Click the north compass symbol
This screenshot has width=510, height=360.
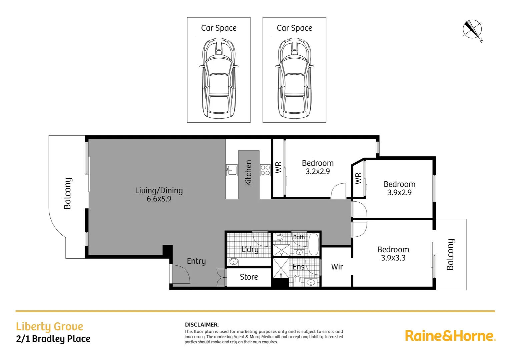(x=472, y=29)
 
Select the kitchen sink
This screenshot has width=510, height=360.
(x=231, y=170)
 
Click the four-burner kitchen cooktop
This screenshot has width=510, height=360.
(x=265, y=170)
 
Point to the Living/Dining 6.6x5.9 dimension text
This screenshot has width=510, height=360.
(x=159, y=199)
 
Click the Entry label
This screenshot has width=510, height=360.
(x=196, y=261)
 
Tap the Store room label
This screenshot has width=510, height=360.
(x=249, y=277)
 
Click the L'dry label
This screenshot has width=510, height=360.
(x=250, y=249)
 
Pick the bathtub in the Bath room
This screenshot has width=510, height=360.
(x=314, y=244)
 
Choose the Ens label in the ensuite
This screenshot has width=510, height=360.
(x=298, y=267)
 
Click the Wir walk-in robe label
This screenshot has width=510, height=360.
(x=337, y=267)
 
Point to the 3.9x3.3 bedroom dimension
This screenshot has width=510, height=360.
(x=393, y=258)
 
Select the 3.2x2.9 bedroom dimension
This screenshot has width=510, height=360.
(x=318, y=171)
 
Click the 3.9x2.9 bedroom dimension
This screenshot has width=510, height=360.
(x=399, y=193)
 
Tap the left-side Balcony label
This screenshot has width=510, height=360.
(x=68, y=193)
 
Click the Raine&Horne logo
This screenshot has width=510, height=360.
(x=450, y=336)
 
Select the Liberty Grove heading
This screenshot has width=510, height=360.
(x=49, y=326)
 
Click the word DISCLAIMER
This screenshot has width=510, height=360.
(x=202, y=325)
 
